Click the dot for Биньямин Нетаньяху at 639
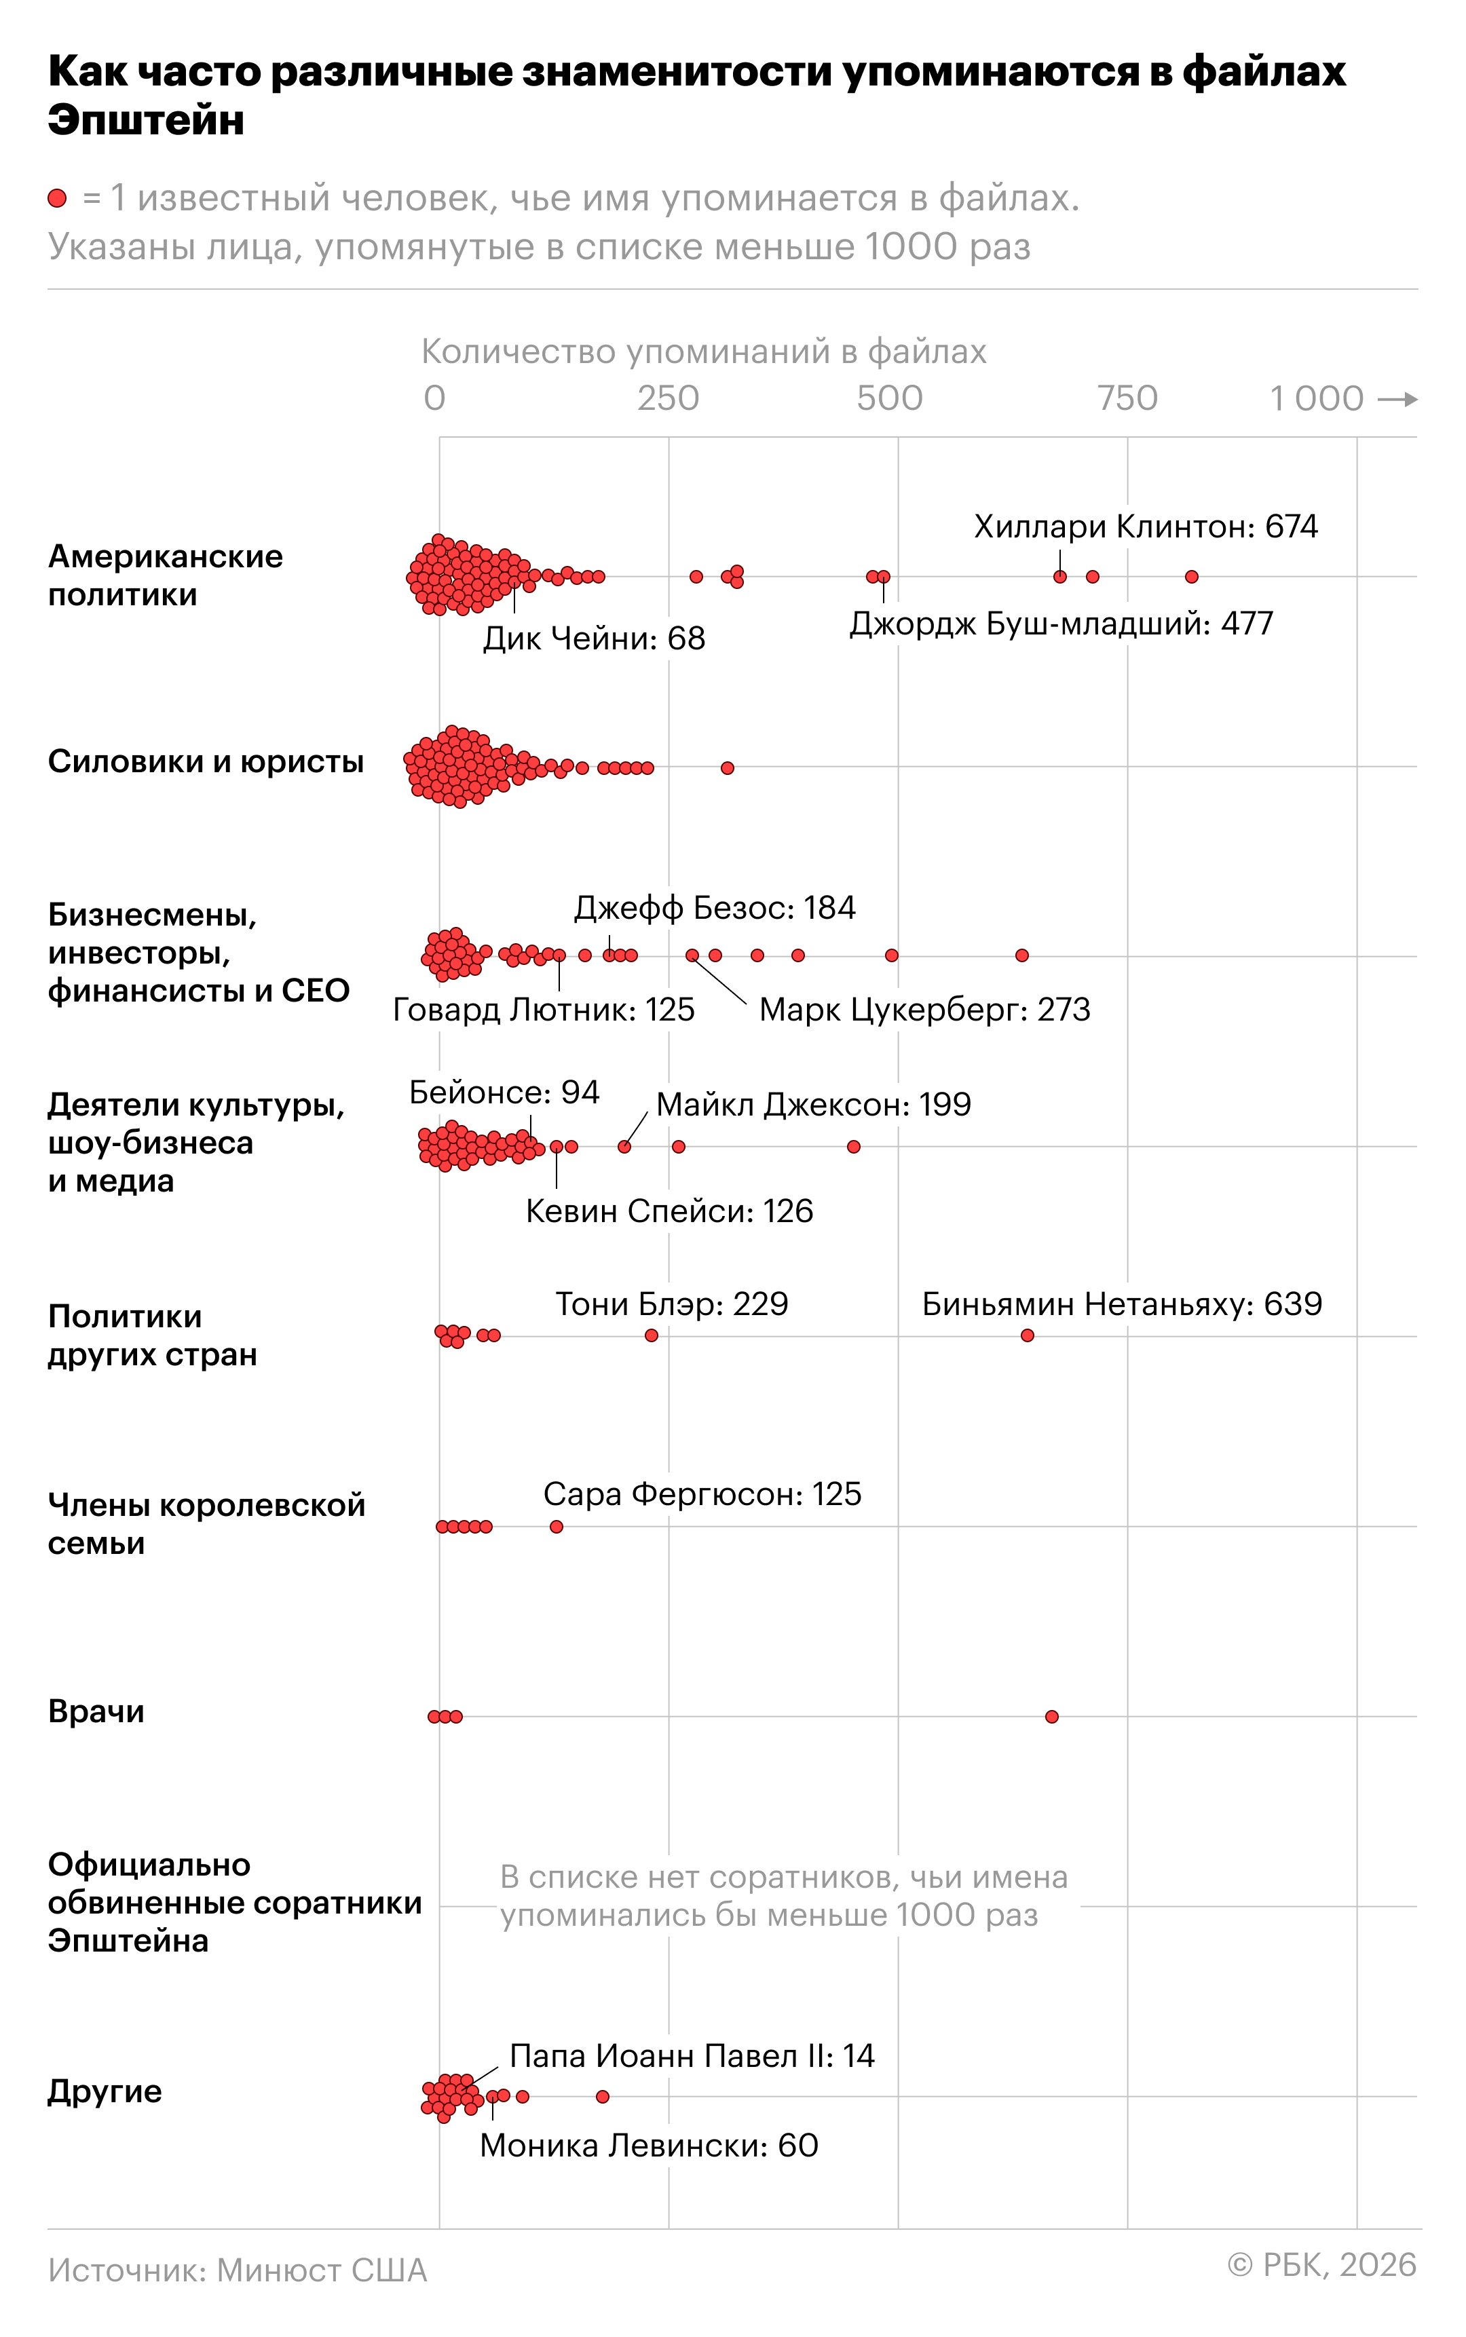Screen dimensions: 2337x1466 [x=1027, y=1335]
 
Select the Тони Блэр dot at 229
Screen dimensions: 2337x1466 [x=652, y=1335]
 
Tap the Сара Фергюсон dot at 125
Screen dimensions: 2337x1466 [x=557, y=1527]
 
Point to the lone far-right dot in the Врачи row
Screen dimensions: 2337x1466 [x=1052, y=1717]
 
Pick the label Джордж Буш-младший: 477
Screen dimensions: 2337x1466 [x=1061, y=623]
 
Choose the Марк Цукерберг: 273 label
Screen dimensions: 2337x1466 [x=924, y=1010]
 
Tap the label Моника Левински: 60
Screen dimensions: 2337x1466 [x=649, y=2145]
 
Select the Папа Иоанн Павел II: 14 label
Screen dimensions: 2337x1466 [x=692, y=2055]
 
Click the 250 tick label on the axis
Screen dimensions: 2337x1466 [x=668, y=398]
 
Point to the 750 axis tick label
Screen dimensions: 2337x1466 [x=1127, y=398]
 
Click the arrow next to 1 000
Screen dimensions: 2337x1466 [x=1397, y=398]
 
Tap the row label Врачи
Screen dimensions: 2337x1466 [x=96, y=1712]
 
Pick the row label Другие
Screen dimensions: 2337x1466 [x=105, y=2091]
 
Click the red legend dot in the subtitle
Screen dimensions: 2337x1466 [x=57, y=199]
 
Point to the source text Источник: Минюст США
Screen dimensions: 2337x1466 [x=238, y=2270]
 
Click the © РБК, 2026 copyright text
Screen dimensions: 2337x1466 [x=1321, y=2264]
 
